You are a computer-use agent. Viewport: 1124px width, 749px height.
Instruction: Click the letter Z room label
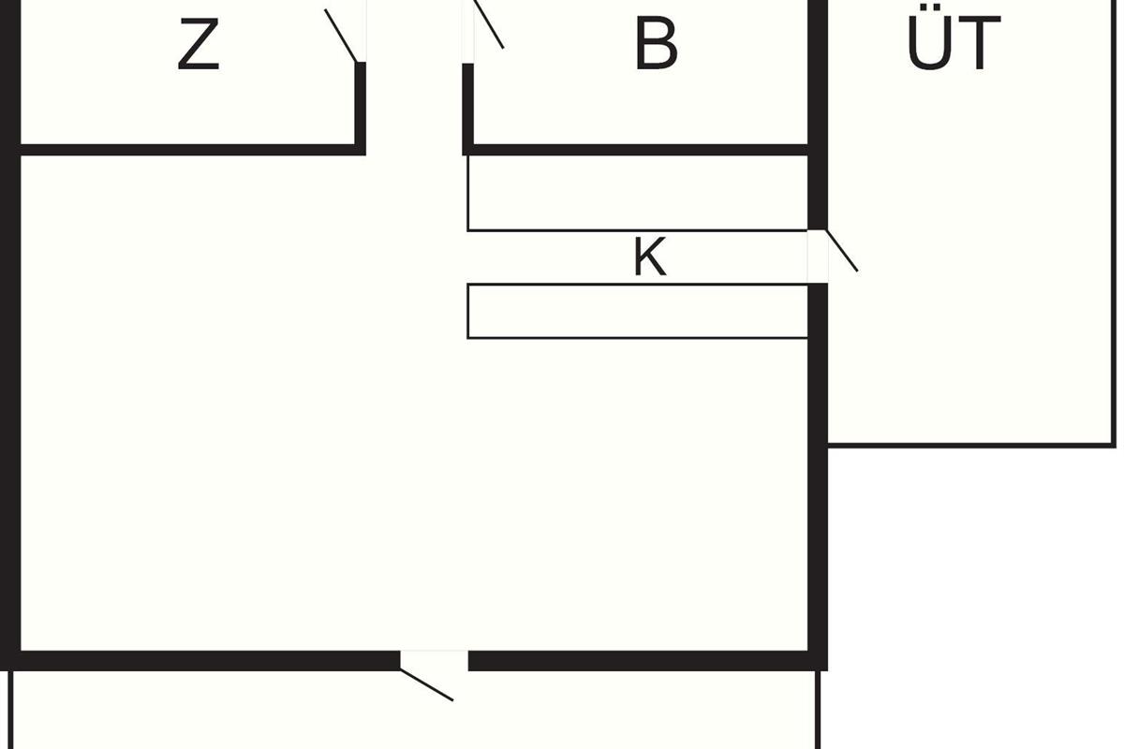coord(199,44)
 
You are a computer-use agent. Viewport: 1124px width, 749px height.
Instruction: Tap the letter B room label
coord(657,44)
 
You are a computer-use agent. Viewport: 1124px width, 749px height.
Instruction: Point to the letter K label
coord(650,257)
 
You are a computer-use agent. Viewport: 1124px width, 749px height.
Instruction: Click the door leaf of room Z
coord(341,36)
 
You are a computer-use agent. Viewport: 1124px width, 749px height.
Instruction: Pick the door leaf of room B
coord(489,24)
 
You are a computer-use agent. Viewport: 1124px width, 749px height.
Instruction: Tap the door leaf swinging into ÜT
coord(842,250)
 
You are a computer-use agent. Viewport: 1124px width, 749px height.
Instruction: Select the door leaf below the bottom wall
coord(426,684)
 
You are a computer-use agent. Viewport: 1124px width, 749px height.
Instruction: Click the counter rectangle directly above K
coord(637,193)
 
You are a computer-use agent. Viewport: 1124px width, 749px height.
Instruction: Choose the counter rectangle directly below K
coord(637,311)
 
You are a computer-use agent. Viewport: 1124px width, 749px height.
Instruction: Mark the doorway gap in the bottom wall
coord(434,661)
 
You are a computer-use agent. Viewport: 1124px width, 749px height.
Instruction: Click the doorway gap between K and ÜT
coord(818,257)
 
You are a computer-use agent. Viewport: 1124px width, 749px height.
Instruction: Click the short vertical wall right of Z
coord(361,109)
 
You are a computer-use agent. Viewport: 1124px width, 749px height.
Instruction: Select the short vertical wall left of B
coord(467,110)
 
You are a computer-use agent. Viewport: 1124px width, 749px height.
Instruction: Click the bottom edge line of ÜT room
coord(972,445)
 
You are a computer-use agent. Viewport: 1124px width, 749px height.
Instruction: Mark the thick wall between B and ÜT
coord(818,115)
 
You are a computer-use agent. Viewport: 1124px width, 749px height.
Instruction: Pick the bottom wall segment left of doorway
coord(200,661)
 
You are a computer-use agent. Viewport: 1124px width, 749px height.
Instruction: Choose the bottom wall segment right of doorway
coord(648,661)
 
